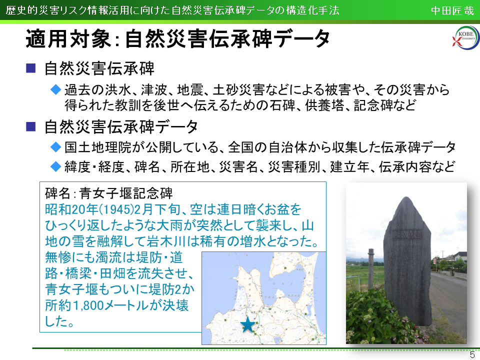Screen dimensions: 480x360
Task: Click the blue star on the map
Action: (247, 324)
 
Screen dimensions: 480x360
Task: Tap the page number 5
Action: (473, 354)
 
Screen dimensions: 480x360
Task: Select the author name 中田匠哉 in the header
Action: (452, 10)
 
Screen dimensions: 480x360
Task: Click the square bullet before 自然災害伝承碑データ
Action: (31, 126)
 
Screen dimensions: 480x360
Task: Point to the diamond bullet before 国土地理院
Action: (55, 147)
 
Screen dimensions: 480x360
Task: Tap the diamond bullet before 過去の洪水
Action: (55, 89)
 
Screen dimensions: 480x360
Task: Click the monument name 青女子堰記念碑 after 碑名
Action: (126, 193)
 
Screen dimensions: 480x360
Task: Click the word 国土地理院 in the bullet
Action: (97, 147)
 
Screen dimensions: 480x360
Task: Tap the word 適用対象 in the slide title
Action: (68, 39)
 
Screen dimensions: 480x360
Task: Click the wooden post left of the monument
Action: (371, 269)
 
